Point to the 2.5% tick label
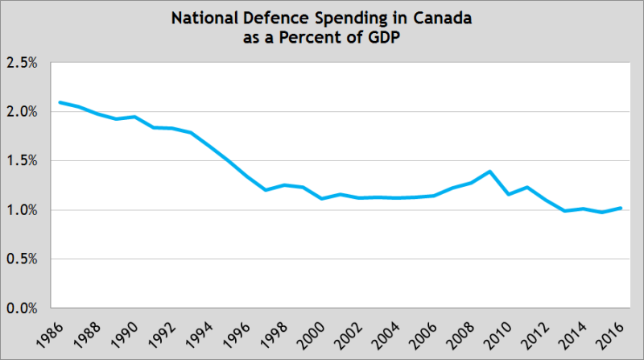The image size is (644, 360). pos(22,62)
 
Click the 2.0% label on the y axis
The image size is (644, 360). pos(22,111)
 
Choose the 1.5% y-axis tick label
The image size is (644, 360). pos(22,161)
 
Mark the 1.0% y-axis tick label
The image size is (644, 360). pos(22,210)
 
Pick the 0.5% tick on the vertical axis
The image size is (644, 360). pos(22,259)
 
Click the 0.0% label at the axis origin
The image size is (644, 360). pos(22,308)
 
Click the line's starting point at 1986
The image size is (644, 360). pos(60,102)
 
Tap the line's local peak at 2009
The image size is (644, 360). pos(489,172)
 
